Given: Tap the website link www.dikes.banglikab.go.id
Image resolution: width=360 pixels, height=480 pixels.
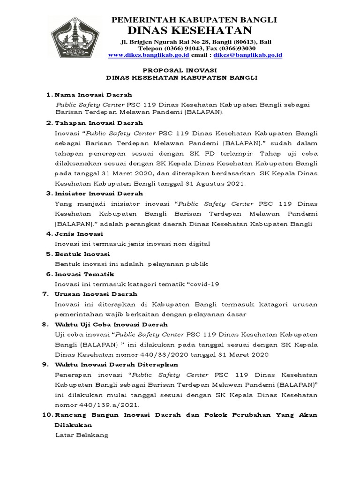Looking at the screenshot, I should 149,55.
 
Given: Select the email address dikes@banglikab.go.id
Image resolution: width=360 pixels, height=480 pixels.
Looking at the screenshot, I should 248,55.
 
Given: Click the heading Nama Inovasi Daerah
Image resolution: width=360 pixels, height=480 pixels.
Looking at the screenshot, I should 93,95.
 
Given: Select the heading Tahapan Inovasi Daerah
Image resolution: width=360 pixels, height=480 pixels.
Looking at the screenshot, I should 99,123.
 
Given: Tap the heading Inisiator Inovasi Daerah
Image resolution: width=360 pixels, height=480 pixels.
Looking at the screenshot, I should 99,194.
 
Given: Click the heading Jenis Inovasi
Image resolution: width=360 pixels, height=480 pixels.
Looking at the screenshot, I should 79,234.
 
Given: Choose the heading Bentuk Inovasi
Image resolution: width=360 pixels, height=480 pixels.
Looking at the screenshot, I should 82,254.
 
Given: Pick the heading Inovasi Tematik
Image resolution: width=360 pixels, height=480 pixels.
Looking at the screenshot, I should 84,274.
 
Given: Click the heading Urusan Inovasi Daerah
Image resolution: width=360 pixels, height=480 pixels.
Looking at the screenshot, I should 96,294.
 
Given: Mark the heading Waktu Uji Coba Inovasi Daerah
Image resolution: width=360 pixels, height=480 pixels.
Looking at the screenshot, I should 111,324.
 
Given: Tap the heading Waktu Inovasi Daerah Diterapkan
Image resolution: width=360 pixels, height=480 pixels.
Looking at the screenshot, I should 116,365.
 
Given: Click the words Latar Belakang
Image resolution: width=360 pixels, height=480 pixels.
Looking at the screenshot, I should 82,435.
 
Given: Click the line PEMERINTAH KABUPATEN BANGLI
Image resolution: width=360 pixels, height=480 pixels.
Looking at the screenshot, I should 194,20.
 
